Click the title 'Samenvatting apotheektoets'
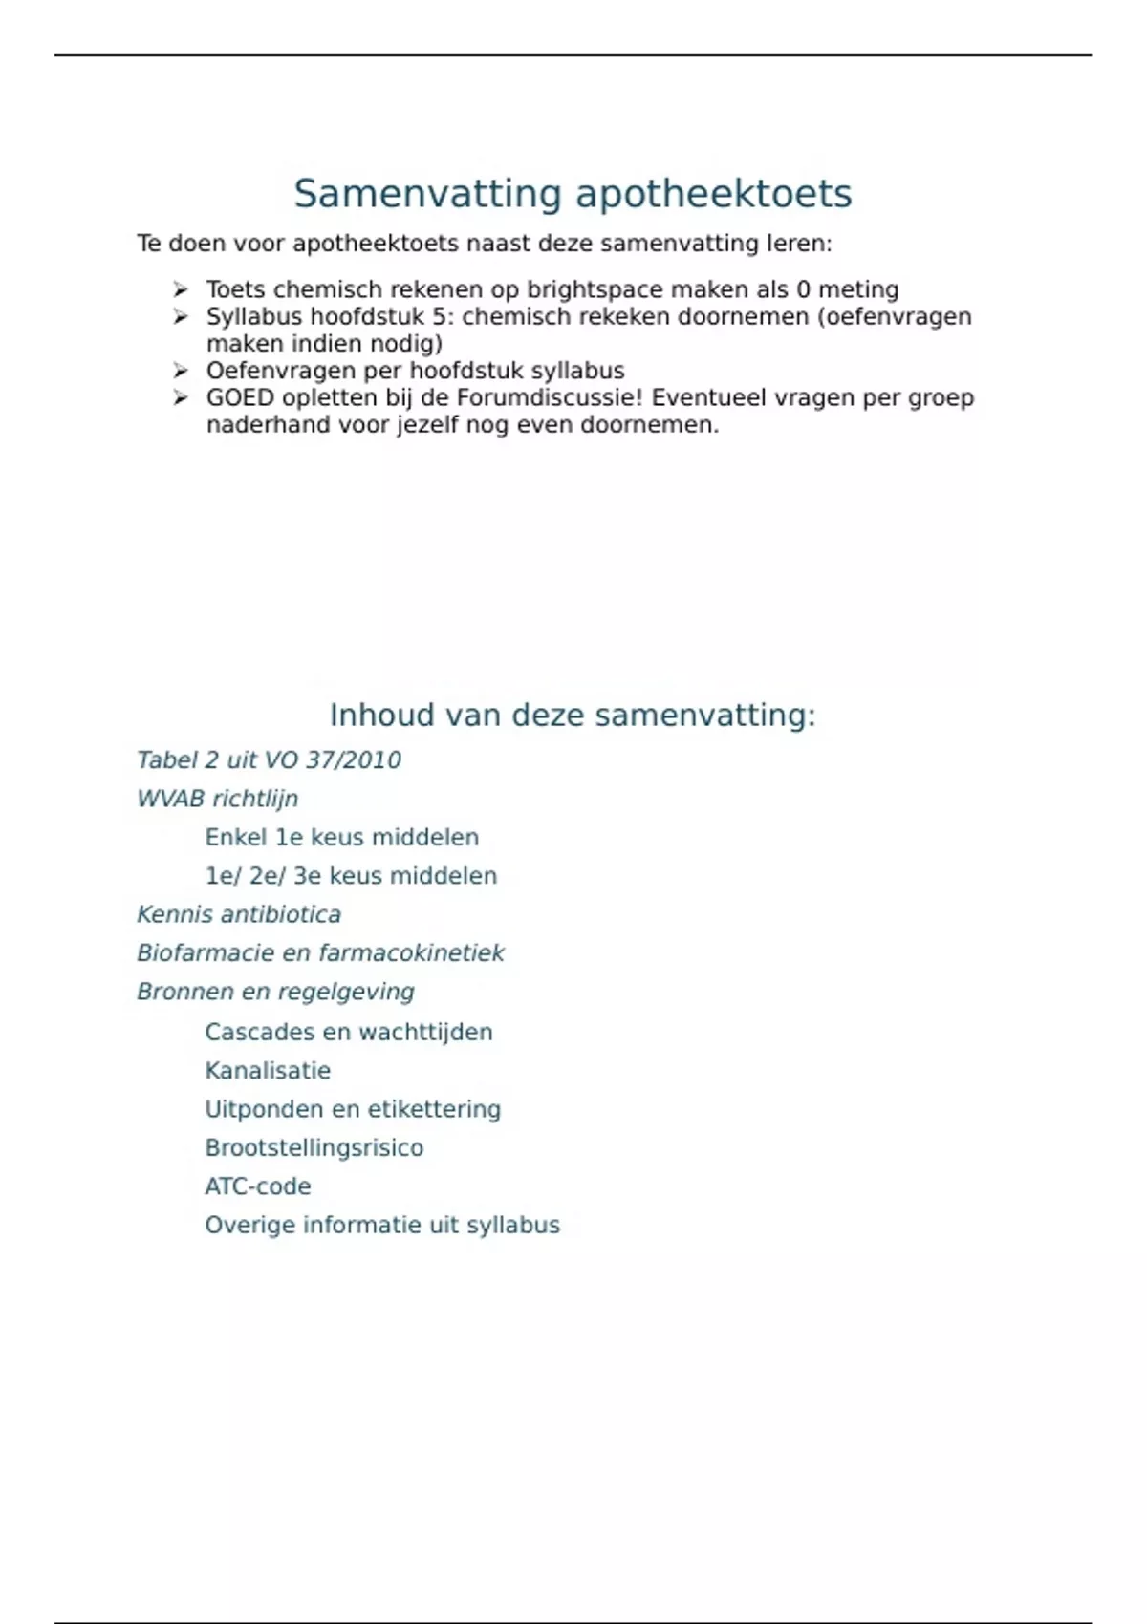[573, 194]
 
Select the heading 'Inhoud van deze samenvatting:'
[573, 715]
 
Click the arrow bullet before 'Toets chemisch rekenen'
[181, 289]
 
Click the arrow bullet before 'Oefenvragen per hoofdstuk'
[181, 371]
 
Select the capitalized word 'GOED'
[240, 397]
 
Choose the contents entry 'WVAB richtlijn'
[217, 799]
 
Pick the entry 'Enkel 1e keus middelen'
[341, 838]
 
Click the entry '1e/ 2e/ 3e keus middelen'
[351, 876]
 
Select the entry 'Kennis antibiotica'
[239, 914]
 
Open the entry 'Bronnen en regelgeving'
[275, 992]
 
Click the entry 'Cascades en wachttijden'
[349, 1032]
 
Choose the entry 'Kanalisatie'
[268, 1071]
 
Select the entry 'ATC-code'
[258, 1186]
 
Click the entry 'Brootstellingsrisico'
[314, 1147]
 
